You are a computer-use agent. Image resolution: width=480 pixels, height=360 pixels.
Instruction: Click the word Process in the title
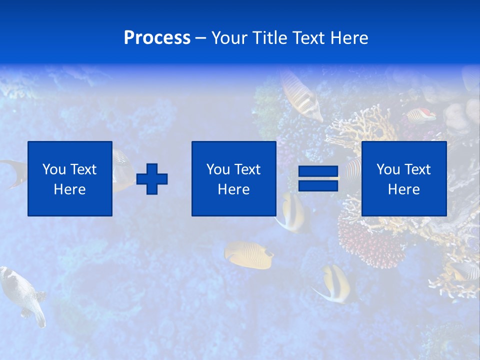tap(157, 38)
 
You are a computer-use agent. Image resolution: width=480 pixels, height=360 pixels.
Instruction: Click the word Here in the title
tap(349, 38)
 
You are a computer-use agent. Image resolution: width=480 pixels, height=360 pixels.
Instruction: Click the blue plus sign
tap(152, 179)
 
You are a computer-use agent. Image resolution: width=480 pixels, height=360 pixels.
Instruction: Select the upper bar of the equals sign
tap(318, 172)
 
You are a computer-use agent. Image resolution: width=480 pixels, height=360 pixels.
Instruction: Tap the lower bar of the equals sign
tap(318, 185)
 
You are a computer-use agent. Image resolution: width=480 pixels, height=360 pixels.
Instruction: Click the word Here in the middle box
tap(233, 189)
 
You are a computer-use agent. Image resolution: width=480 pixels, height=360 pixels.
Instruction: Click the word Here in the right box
tap(403, 189)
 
